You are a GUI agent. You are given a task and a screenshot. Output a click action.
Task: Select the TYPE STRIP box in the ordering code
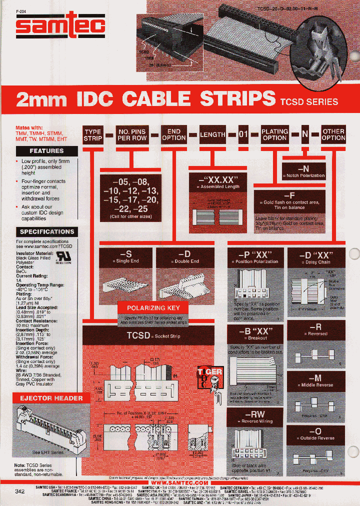[x=92, y=134]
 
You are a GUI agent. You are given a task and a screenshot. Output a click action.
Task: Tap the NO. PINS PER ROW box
[x=131, y=134]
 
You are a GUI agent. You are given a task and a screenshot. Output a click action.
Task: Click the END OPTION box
[x=174, y=134]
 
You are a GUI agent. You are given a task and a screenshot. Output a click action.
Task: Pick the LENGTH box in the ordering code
[x=212, y=134]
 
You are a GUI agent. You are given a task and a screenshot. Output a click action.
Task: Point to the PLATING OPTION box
[x=274, y=134]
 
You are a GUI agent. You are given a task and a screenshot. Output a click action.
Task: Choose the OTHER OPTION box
[x=333, y=134]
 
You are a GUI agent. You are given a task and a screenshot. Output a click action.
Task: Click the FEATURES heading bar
[x=46, y=150]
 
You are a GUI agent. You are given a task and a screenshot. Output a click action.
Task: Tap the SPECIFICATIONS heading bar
[x=46, y=231]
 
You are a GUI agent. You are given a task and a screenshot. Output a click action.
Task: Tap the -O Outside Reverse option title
[x=317, y=433]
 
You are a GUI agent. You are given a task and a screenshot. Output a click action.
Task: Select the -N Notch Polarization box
[x=304, y=171]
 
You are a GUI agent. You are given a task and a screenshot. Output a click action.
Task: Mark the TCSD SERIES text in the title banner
[x=308, y=101]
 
